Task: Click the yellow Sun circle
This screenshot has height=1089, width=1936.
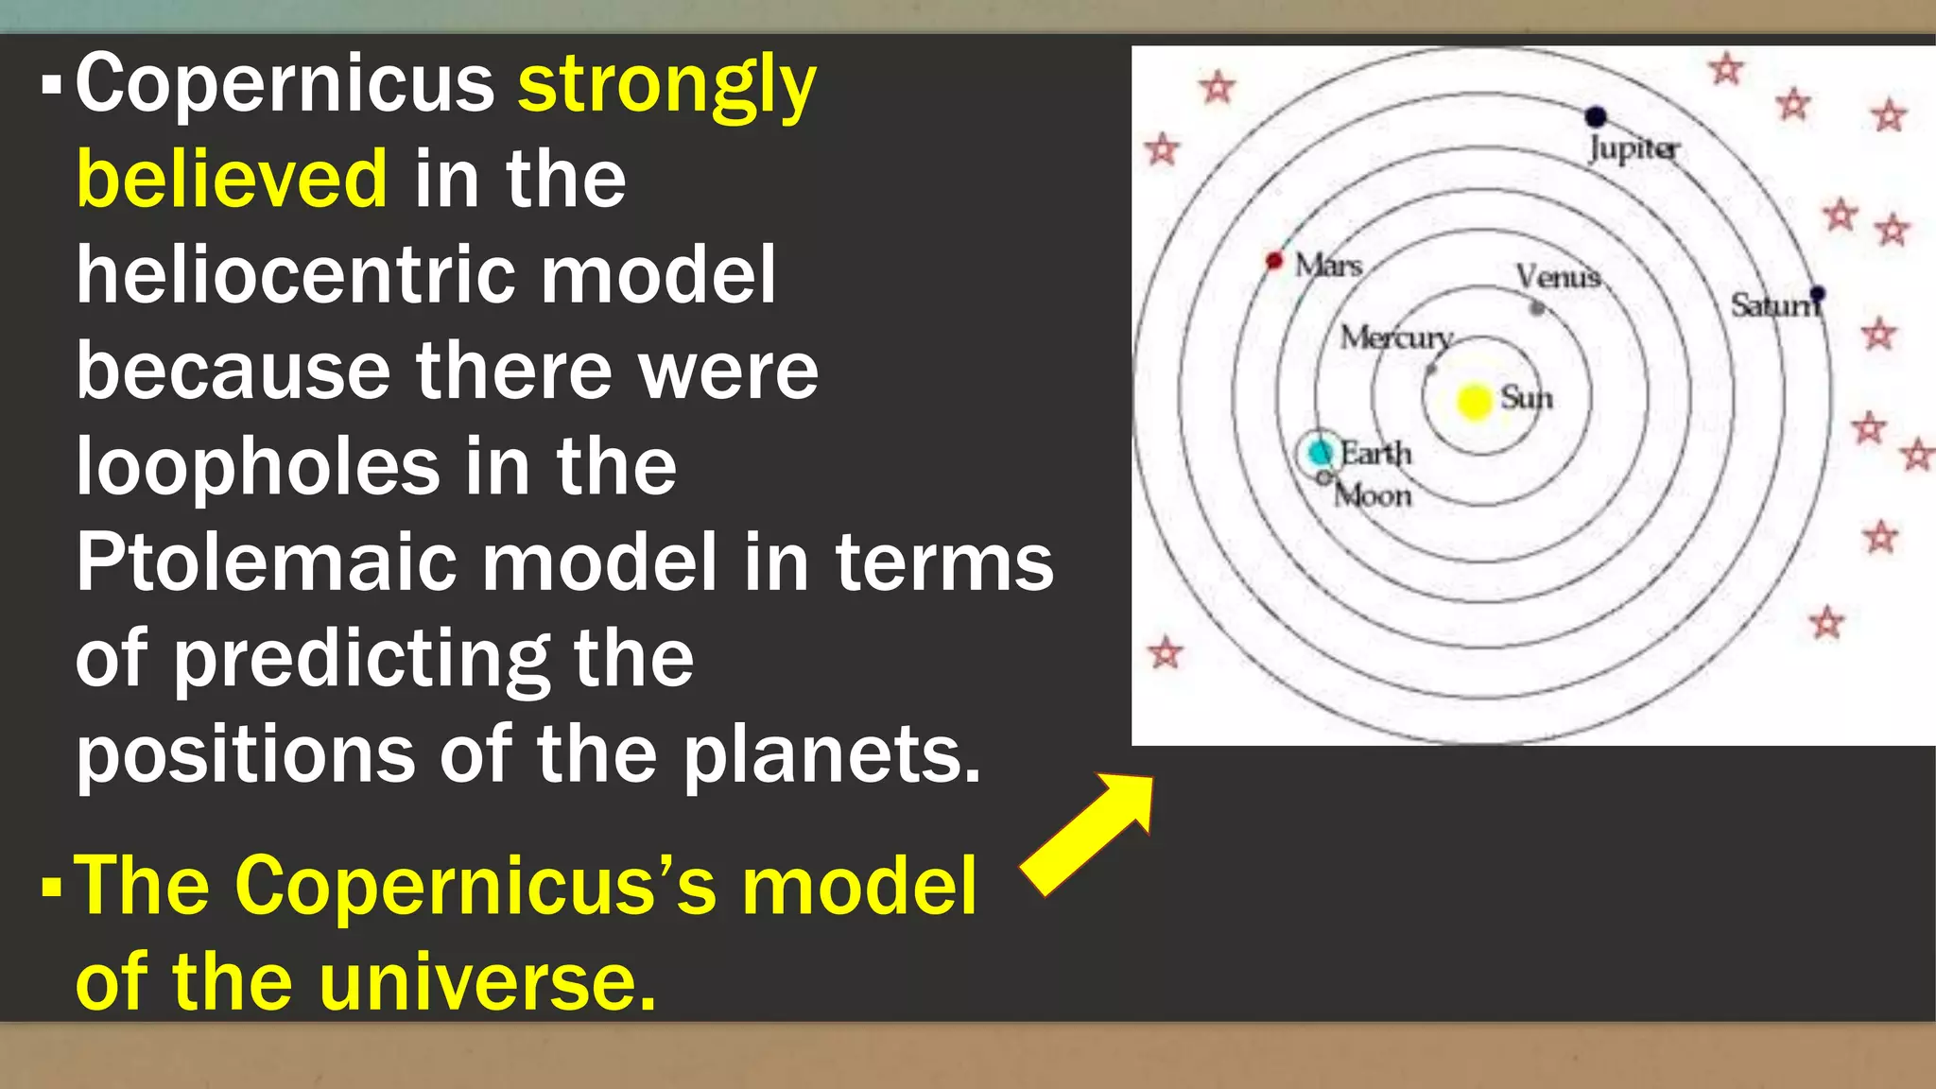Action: click(x=1474, y=401)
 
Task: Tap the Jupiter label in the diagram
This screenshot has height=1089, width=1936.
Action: click(x=1633, y=149)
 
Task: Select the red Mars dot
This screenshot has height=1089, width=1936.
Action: click(x=1274, y=260)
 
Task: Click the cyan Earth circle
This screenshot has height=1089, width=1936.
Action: click(x=1319, y=452)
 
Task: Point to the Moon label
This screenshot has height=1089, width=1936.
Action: click(x=1373, y=495)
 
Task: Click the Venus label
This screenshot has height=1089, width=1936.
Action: click(x=1558, y=276)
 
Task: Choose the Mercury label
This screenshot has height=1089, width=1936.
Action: click(x=1396, y=337)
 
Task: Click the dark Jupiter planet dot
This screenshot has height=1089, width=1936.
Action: click(x=1596, y=117)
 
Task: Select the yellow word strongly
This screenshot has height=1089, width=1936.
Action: click(x=666, y=85)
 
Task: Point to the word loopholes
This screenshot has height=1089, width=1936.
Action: click(x=257, y=466)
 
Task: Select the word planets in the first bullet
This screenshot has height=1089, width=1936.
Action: click(x=832, y=755)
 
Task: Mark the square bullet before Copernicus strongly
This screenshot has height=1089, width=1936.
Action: click(x=52, y=86)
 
